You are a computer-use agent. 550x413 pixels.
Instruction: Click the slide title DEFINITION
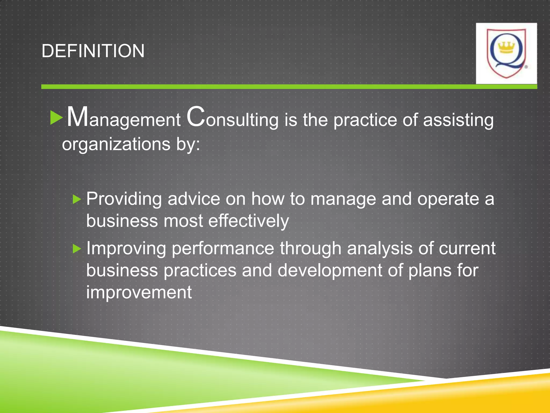[93, 51]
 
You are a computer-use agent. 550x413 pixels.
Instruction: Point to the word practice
[365, 120]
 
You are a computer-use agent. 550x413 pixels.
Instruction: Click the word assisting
[458, 120]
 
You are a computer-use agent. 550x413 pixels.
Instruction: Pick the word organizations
[116, 144]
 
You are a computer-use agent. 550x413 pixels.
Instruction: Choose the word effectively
[249, 221]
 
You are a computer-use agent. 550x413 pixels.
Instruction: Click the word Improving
[126, 249]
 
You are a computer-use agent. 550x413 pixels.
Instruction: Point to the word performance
[223, 249]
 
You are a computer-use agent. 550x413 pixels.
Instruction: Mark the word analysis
[379, 249]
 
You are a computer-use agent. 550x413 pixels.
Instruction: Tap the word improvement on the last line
[139, 292]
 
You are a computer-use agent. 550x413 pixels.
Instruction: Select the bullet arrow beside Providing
[77, 200]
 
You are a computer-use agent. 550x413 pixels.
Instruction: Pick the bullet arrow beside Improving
[77, 249]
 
